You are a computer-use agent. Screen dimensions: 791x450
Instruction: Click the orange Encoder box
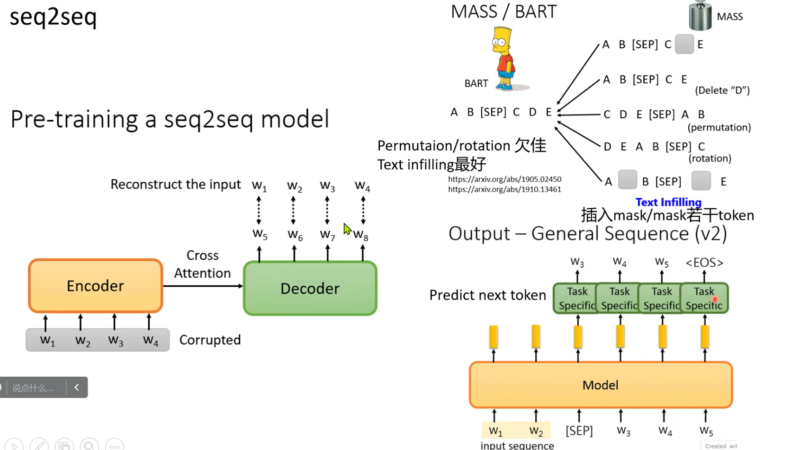95,286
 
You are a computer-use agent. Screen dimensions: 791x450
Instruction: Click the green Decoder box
310,288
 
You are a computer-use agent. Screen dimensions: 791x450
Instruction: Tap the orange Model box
601,385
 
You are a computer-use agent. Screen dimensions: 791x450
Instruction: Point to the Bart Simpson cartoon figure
504,58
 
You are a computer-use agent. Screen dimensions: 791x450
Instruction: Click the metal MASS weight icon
700,16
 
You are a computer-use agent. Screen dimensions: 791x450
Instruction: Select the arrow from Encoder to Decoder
203,286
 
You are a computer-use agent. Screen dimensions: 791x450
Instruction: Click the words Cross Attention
202,264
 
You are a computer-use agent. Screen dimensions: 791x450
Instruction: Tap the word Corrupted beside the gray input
210,340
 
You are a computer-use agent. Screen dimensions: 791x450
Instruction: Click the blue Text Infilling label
668,202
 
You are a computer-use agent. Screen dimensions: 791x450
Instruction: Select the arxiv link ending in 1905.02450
504,179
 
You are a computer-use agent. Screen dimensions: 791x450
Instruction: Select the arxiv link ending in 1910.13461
504,189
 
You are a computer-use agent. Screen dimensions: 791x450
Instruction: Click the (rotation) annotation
710,159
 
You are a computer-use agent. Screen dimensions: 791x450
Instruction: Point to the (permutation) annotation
719,127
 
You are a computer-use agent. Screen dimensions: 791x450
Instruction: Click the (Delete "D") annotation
722,90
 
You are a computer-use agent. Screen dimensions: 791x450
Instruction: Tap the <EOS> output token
704,263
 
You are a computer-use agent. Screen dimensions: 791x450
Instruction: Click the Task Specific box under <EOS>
704,298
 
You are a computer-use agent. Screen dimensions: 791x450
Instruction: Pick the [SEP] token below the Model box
579,431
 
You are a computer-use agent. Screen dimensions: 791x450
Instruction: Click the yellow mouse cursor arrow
347,229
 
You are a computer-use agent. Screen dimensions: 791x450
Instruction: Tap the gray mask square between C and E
684,44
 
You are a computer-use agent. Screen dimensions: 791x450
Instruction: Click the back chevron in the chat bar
77,387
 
